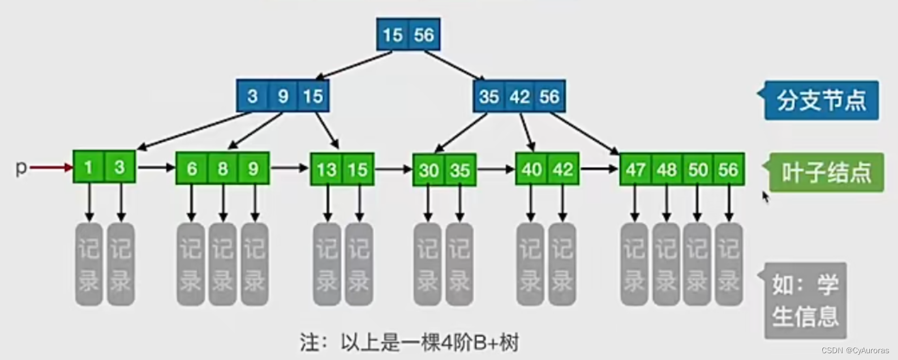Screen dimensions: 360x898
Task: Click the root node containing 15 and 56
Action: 408,35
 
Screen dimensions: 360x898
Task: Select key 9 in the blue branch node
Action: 283,96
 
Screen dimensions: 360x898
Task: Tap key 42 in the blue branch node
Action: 519,96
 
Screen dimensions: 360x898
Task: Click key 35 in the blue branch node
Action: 489,96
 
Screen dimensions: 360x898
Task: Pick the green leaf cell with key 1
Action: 88,167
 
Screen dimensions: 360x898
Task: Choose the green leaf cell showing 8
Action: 223,169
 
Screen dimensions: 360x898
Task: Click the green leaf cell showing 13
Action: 326,169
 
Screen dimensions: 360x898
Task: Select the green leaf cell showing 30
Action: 429,170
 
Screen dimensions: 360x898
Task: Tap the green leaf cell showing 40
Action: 531,169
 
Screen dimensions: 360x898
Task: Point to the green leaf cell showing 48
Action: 667,169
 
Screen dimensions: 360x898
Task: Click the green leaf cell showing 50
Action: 698,169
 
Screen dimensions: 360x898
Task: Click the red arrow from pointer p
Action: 51,168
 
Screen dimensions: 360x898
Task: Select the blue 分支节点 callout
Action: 821,100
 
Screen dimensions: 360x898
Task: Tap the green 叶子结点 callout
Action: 826,172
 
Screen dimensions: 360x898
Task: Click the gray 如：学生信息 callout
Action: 805,301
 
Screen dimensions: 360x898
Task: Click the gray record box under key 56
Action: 729,264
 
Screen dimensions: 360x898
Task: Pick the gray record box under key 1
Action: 89,264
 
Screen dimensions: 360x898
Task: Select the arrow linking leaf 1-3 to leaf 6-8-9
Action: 156,168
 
